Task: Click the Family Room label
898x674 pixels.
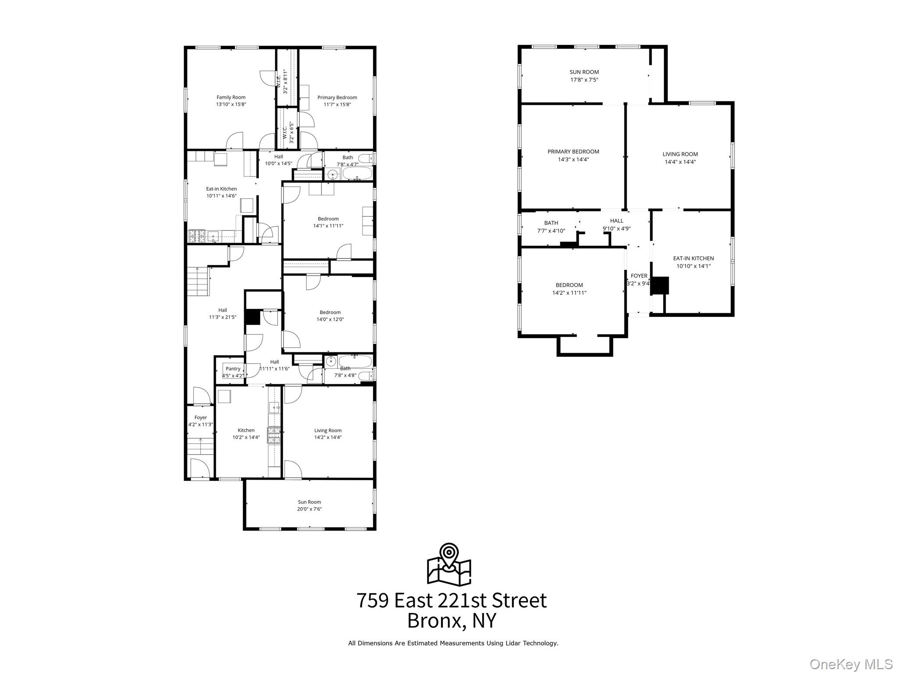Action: [231, 97]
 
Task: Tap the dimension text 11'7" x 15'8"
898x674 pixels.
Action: [337, 104]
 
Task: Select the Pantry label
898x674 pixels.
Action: [233, 369]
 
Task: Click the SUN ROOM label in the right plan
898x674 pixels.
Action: [584, 72]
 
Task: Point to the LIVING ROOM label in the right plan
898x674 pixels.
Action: [680, 154]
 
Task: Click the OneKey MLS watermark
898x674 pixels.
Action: [851, 664]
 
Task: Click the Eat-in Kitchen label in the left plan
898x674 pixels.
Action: [221, 189]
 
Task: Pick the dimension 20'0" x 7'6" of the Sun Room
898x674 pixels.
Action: [310, 509]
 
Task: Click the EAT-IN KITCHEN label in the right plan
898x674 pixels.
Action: [693, 258]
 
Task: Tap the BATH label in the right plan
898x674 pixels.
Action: [551, 223]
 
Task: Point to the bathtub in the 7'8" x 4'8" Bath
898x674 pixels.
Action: [355, 361]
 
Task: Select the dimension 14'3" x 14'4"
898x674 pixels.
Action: [573, 159]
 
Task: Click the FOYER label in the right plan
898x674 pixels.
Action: [639, 276]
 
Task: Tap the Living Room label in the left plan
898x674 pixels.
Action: [328, 430]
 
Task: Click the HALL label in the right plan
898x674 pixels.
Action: [616, 221]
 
